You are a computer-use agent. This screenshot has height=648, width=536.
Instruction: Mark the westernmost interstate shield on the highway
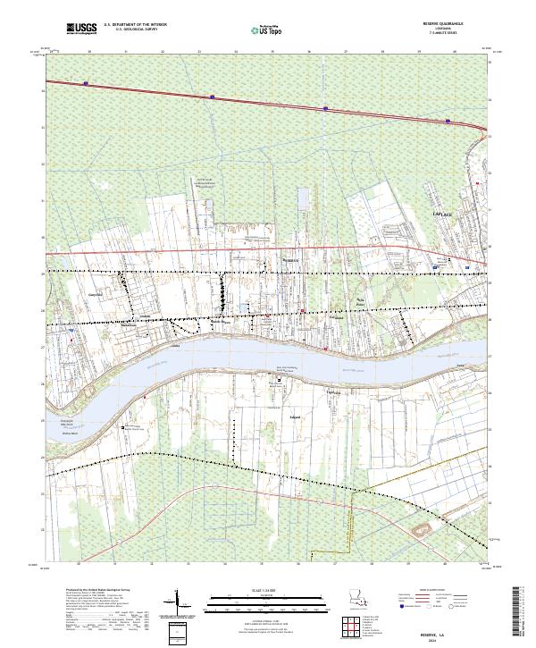[x=87, y=84]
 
